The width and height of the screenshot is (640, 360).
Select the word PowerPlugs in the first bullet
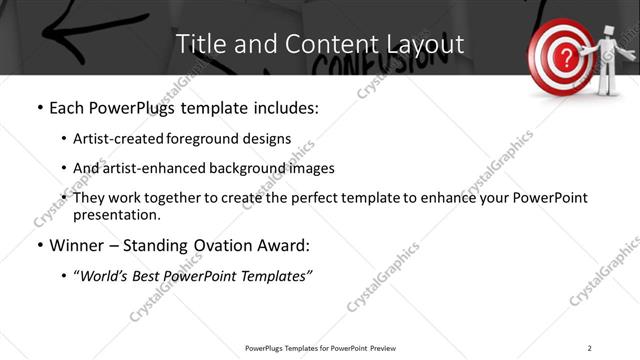pyautogui.click(x=138, y=108)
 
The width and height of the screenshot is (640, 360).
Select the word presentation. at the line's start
pyautogui.click(x=117, y=214)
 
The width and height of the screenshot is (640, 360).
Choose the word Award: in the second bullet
pyautogui.click(x=289, y=245)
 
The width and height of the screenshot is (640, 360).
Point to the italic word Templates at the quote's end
pyautogui.click(x=275, y=275)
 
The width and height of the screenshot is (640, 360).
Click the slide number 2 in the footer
pyautogui.click(x=589, y=347)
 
